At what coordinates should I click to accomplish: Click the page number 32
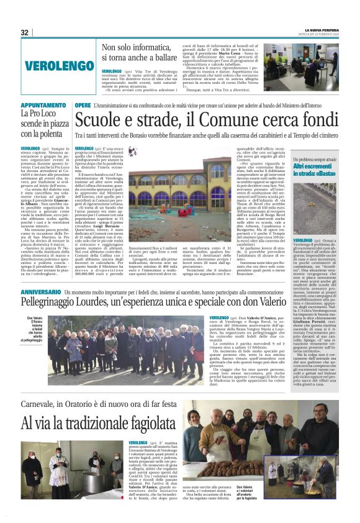click(x=25, y=32)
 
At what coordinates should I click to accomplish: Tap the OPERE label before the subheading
click(x=83, y=106)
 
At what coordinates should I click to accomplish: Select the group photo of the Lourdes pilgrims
click(x=114, y=351)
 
